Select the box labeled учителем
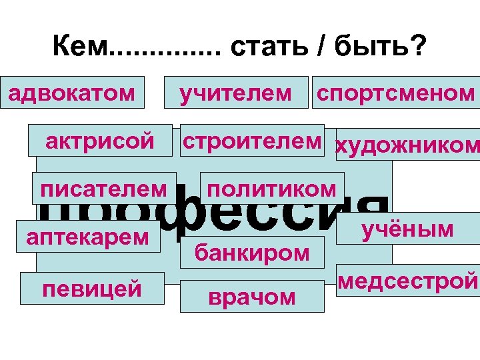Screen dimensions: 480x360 pyautogui.click(x=235, y=93)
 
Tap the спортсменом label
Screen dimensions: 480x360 pyautogui.click(x=395, y=93)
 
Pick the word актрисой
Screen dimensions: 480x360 pyautogui.click(x=100, y=141)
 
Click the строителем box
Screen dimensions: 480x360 pyautogui.click(x=252, y=141)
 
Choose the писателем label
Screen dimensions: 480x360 pyautogui.click(x=104, y=188)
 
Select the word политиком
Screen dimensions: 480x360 pyautogui.click(x=271, y=188)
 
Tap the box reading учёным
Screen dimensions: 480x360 pyautogui.click(x=407, y=229)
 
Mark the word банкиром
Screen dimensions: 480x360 pyautogui.click(x=252, y=251)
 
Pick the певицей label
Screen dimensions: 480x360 pyautogui.click(x=92, y=289)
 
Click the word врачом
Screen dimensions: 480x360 pyautogui.click(x=252, y=297)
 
